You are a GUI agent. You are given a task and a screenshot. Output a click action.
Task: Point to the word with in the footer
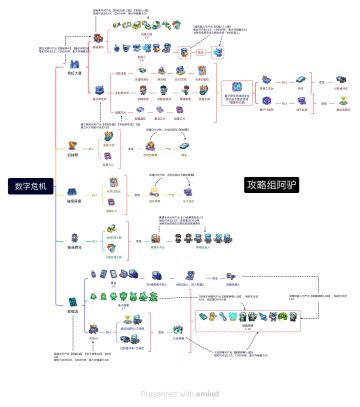(x=187, y=394)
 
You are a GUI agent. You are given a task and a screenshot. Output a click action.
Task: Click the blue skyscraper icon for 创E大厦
(x=72, y=62)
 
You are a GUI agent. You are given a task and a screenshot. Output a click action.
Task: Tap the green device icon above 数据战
(x=72, y=300)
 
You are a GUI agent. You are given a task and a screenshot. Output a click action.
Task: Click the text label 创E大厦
(x=72, y=74)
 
